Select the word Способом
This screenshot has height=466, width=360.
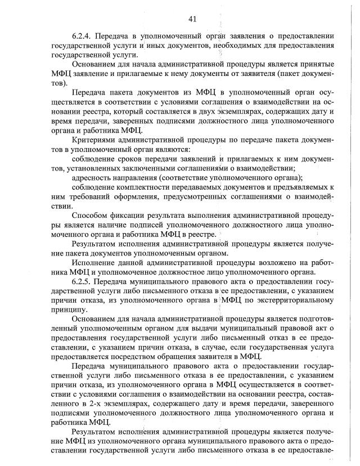tap(92, 216)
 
